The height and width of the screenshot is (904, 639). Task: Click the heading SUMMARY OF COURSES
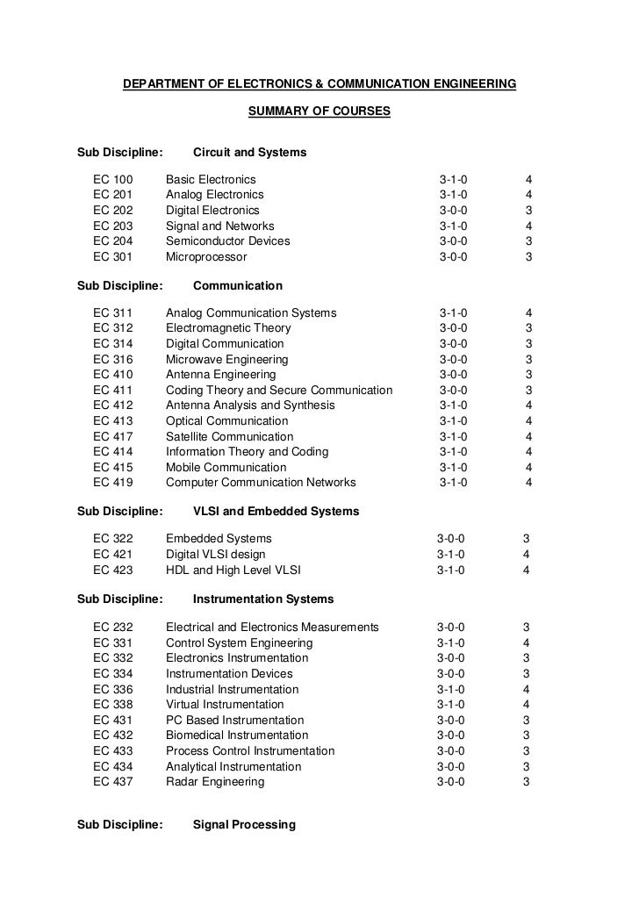(319, 112)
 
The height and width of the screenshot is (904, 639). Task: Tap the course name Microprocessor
(206, 257)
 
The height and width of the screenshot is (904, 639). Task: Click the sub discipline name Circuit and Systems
(249, 153)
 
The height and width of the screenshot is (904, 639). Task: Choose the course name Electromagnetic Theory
(228, 328)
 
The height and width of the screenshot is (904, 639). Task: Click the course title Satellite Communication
(229, 436)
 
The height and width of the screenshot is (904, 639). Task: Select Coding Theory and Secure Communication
(279, 390)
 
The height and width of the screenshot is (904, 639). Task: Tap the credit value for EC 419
(528, 482)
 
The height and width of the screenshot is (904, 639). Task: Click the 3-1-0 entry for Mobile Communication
(453, 467)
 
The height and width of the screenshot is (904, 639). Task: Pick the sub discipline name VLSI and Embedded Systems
(276, 512)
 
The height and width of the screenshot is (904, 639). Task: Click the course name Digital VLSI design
(215, 555)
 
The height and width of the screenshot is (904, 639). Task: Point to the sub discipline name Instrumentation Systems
(262, 599)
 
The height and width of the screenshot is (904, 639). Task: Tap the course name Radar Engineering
(214, 782)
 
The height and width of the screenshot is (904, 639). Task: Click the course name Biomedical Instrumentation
(237, 735)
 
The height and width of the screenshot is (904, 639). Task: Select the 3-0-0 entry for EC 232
(450, 628)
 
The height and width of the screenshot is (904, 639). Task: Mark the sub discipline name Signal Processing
(244, 825)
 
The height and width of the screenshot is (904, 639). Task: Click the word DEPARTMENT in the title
(163, 84)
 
